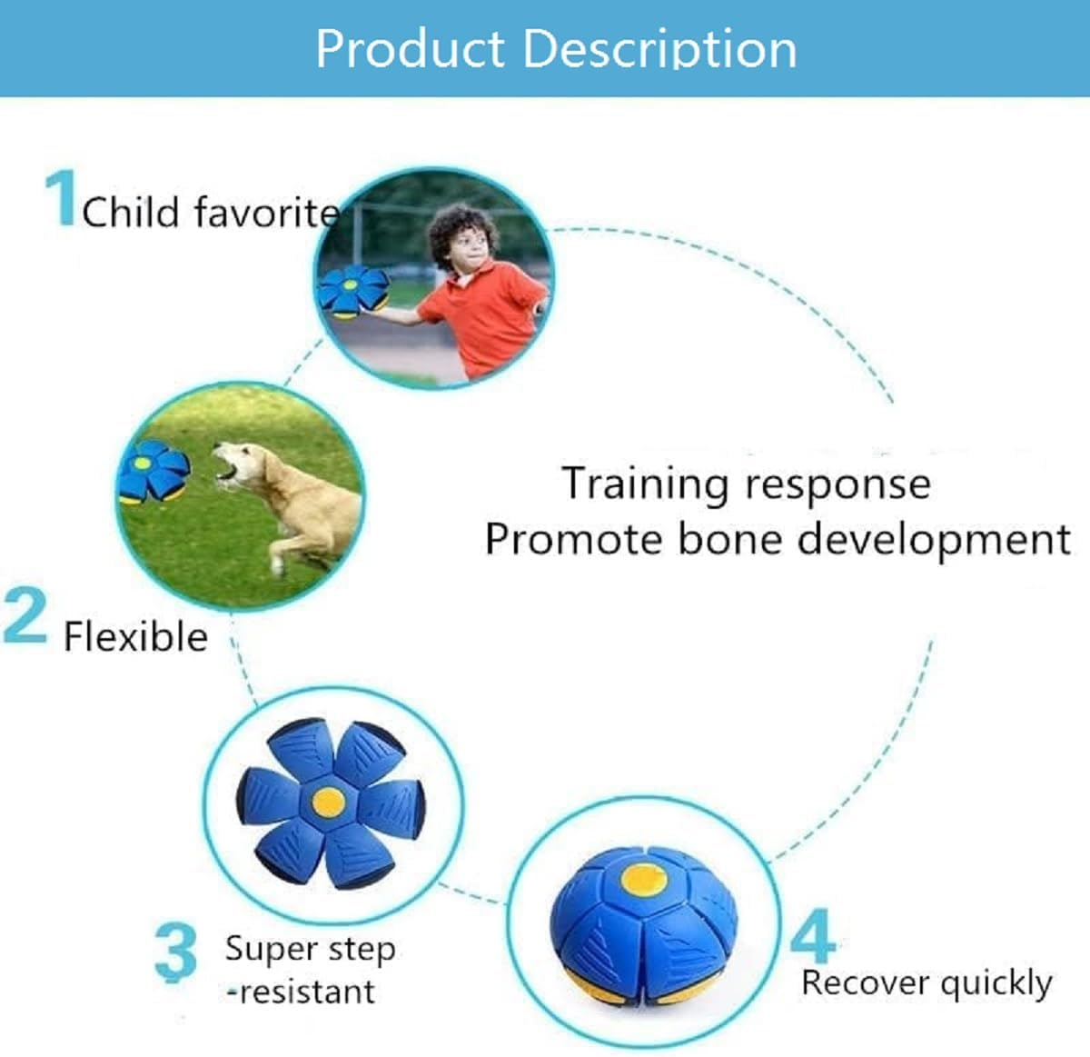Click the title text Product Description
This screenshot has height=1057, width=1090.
tap(556, 49)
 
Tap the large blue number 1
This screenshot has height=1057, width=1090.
tap(61, 198)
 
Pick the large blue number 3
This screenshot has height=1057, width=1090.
tap(176, 952)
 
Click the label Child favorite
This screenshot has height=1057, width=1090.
tap(211, 212)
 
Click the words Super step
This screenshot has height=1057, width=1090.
tap(311, 950)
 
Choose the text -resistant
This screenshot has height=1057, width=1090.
tap(301, 992)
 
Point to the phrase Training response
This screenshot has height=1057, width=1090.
tap(747, 484)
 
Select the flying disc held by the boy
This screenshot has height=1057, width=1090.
tap(352, 291)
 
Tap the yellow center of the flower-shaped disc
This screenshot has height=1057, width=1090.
tap(328, 803)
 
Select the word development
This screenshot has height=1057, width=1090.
tap(934, 540)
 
